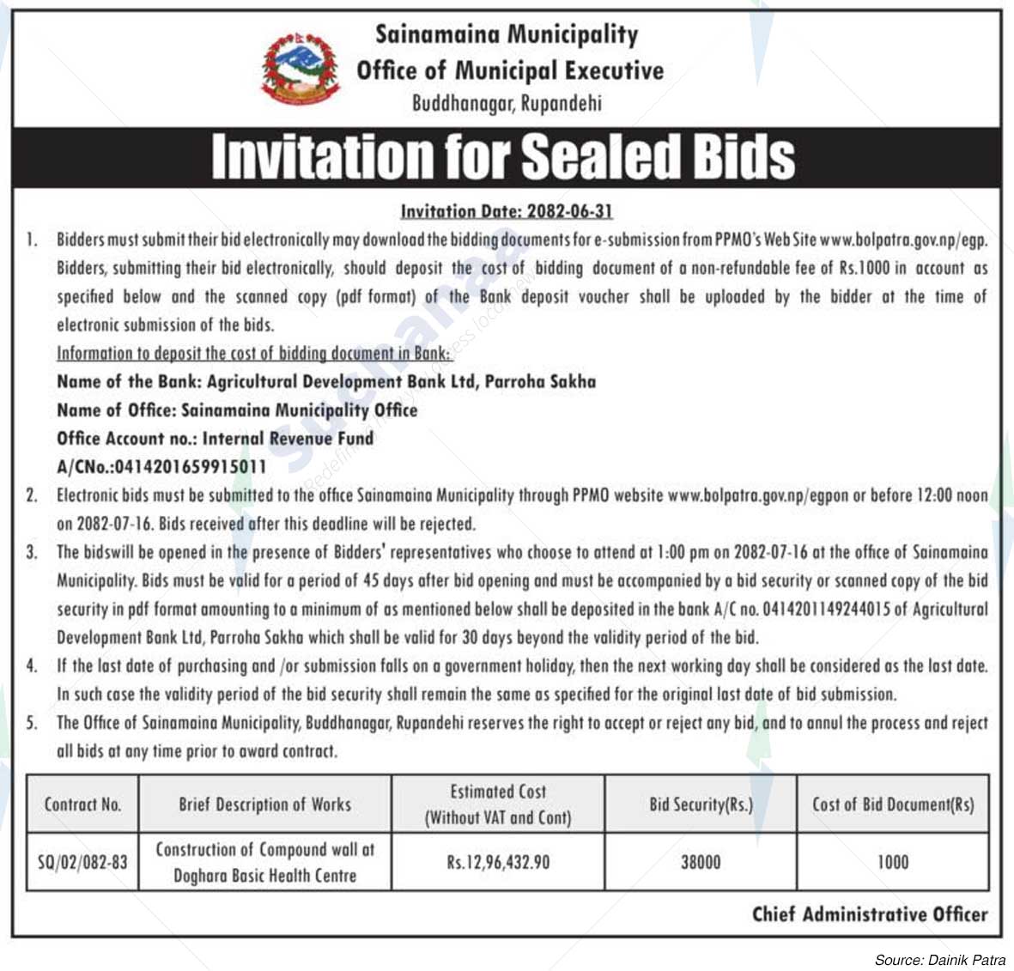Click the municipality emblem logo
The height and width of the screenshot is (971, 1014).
301,69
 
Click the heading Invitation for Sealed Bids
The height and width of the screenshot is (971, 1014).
503,156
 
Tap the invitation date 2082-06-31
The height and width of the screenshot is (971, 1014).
507,211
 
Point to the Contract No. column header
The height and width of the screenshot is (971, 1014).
82,804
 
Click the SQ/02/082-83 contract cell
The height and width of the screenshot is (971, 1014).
82,861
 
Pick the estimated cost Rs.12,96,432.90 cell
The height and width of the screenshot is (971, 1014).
498,861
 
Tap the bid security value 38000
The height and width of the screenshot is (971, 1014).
701,861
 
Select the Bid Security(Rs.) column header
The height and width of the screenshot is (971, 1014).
701,804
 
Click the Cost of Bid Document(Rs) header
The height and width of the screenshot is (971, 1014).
893,804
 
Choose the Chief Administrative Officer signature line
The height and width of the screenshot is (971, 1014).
870,914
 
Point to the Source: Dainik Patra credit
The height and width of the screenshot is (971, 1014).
940,960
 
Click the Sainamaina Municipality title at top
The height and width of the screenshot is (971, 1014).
507,34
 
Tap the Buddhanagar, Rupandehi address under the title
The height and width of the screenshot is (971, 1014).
507,104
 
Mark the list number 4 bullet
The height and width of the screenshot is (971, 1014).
32,665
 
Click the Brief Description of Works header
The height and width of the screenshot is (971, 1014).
264,804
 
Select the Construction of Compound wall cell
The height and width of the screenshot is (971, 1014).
264,862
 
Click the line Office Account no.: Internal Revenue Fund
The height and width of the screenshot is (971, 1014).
216,439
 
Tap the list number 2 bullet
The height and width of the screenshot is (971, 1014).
32,495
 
